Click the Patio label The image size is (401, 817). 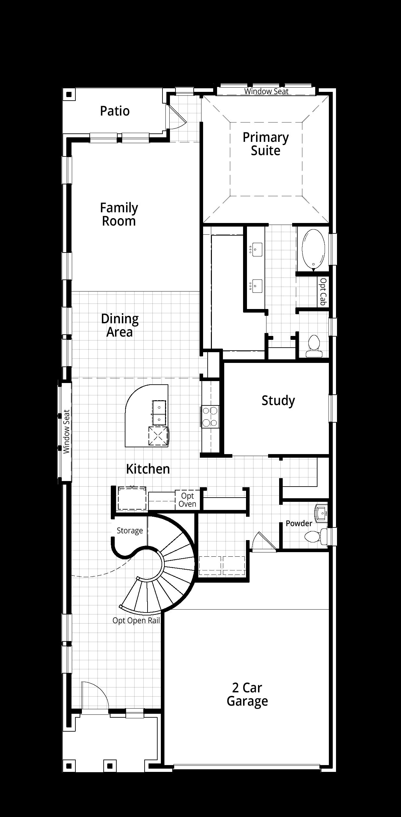point(115,111)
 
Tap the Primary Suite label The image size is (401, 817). point(266,144)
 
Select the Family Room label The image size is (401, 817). point(119,214)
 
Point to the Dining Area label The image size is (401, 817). point(120,325)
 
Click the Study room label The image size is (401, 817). point(278,401)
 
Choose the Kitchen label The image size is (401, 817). point(148,469)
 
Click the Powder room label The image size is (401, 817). point(299,523)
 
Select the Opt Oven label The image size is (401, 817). point(188,500)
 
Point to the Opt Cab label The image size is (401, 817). point(323,291)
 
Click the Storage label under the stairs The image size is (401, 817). point(130,531)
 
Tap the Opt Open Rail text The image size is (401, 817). point(136,620)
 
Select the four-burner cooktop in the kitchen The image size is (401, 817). point(210,416)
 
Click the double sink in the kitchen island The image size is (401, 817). point(159,412)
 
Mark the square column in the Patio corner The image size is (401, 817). point(69,95)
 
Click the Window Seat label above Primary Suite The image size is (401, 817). point(266,91)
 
